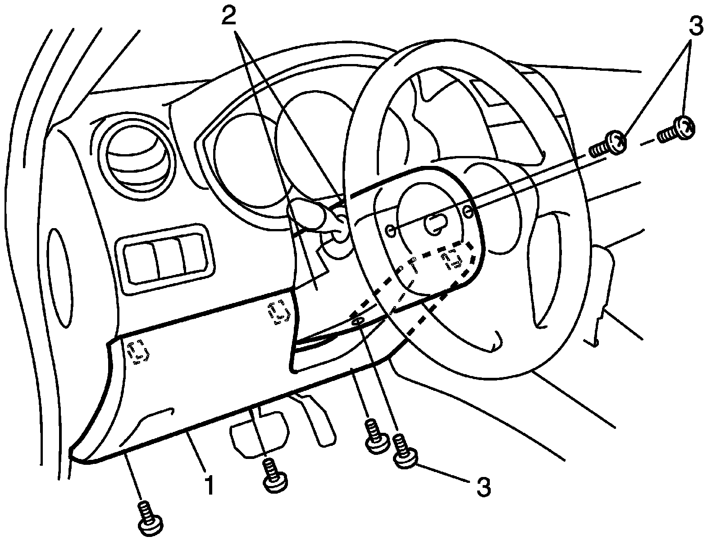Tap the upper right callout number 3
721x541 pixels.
click(695, 26)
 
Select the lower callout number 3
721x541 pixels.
click(483, 488)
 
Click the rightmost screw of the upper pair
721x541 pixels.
click(678, 129)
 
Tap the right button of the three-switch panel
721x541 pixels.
click(195, 255)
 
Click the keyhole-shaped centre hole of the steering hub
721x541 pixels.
click(435, 223)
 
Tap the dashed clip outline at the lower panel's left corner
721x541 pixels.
click(139, 352)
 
